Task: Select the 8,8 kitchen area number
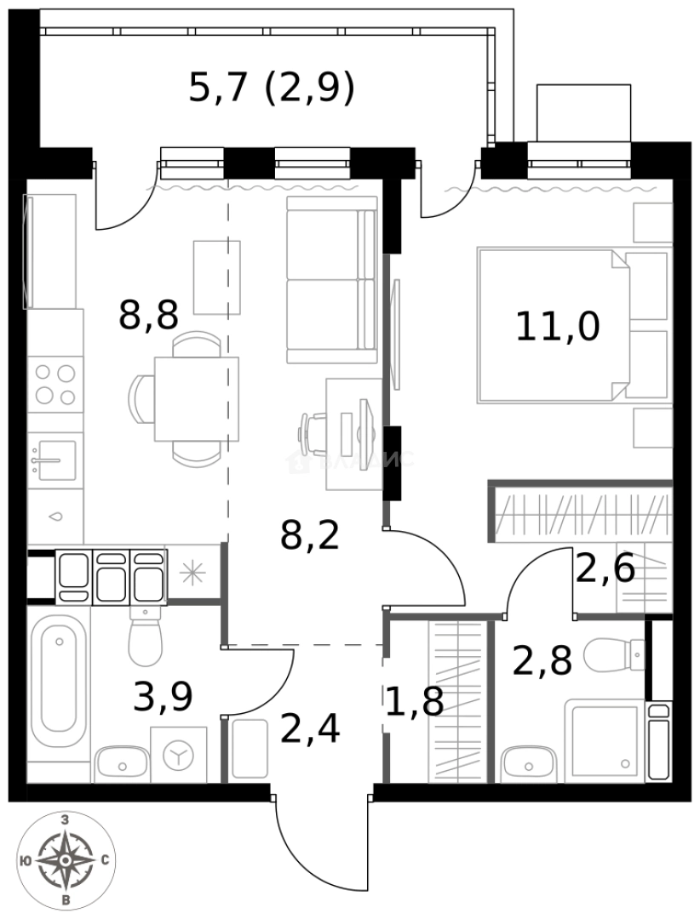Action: click(x=148, y=316)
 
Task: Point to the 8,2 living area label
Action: click(x=310, y=536)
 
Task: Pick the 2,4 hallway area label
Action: click(x=310, y=728)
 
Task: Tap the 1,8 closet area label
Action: click(x=414, y=703)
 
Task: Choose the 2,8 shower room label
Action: click(x=542, y=660)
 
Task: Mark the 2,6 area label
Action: click(x=605, y=568)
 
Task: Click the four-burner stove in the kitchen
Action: click(x=55, y=384)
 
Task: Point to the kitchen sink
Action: click(x=53, y=459)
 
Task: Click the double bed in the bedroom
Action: click(x=554, y=323)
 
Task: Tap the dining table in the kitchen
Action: click(x=196, y=398)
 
